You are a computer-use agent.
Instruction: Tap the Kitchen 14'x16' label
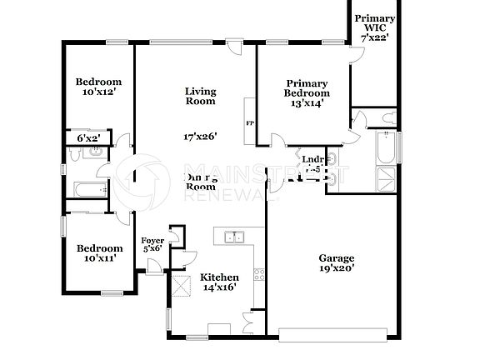point(221,282)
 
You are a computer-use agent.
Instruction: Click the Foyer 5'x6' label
point(152,244)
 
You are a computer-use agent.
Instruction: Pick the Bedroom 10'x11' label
point(99,253)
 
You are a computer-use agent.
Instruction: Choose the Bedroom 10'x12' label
point(98,87)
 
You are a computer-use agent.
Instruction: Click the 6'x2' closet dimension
point(87,137)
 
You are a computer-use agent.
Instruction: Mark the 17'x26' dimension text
point(200,136)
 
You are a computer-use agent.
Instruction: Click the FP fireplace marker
point(249,124)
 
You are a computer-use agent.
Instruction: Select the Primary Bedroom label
point(306,92)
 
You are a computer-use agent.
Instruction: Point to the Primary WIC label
point(374,27)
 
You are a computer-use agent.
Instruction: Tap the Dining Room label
point(200,182)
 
